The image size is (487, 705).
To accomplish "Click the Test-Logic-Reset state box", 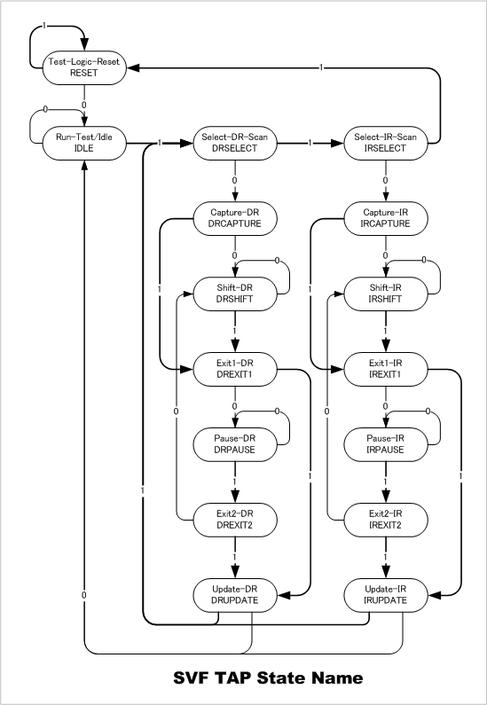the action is click(x=84, y=67).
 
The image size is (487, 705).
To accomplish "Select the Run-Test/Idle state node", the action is click(x=84, y=143).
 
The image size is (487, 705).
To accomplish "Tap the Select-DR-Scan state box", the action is click(x=235, y=143).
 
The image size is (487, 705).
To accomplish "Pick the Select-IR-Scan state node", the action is click(x=385, y=143).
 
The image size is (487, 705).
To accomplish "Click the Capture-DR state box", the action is click(x=235, y=218).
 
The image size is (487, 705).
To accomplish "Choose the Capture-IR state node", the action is click(x=385, y=218).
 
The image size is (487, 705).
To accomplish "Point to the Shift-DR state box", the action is click(x=235, y=294).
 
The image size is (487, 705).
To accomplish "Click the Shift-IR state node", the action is click(x=385, y=294).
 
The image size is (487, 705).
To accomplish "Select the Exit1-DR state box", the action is click(x=235, y=369).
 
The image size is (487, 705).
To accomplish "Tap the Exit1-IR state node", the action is click(x=385, y=369).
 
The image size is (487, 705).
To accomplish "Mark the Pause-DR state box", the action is click(x=235, y=444).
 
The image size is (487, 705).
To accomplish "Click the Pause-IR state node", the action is click(x=385, y=444).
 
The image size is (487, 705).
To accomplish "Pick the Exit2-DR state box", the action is click(x=235, y=520).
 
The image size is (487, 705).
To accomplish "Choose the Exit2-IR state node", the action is click(x=385, y=520).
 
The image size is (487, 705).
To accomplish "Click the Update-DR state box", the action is click(x=235, y=595).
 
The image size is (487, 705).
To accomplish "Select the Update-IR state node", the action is click(x=385, y=595).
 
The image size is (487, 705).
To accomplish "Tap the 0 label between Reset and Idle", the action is click(x=84, y=106).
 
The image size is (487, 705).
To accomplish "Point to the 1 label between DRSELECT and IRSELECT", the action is click(x=310, y=143).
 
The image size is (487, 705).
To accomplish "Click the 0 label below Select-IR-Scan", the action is click(x=385, y=180).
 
